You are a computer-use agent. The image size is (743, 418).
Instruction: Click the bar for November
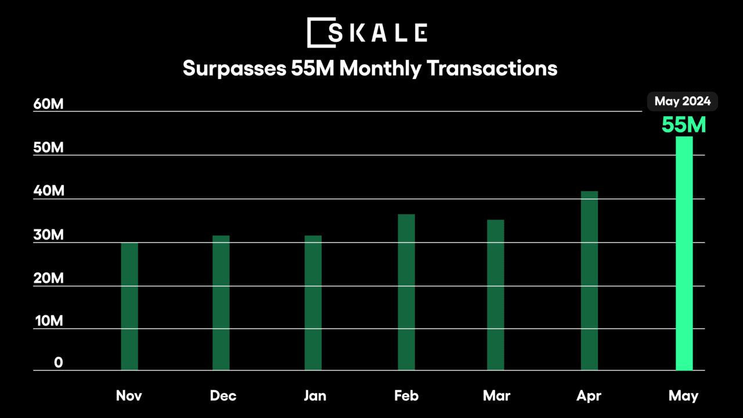pos(129,307)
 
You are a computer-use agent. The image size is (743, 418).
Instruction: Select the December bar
pos(221,303)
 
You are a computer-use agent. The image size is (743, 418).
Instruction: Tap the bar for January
pos(313,303)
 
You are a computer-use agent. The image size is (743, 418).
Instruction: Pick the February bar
pos(406,293)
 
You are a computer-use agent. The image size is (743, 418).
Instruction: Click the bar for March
pos(496,295)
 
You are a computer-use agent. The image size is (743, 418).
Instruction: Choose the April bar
pos(589,281)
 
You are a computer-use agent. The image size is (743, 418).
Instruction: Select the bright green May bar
pos(684,253)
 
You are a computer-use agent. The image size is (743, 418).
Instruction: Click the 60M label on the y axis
pos(48,105)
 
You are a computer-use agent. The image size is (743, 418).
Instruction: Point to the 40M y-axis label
pos(48,192)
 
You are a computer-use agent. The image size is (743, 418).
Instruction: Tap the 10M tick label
pos(48,321)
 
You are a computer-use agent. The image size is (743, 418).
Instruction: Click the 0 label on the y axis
pos(59,363)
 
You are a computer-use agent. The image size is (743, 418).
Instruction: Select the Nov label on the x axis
pos(129,396)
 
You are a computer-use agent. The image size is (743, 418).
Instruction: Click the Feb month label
pos(406,396)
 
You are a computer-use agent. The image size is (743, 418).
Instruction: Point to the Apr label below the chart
pos(589,397)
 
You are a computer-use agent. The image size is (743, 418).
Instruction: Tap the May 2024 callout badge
pos(683,102)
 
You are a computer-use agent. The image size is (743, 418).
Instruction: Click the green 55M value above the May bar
pos(684,125)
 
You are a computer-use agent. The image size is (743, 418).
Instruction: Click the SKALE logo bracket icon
pos(317,33)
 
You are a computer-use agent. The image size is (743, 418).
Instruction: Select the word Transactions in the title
pos(492,69)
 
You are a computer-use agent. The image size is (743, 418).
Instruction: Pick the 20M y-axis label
pos(48,279)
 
